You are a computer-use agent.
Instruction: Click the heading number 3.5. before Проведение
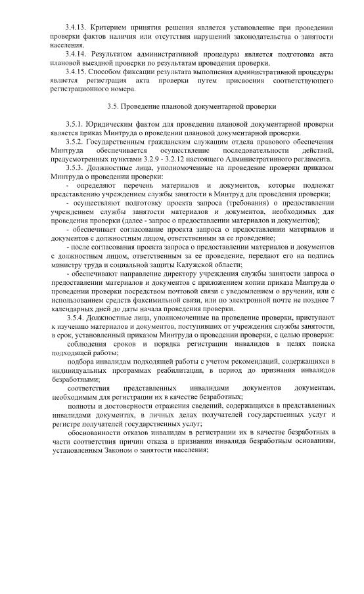point(115,106)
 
